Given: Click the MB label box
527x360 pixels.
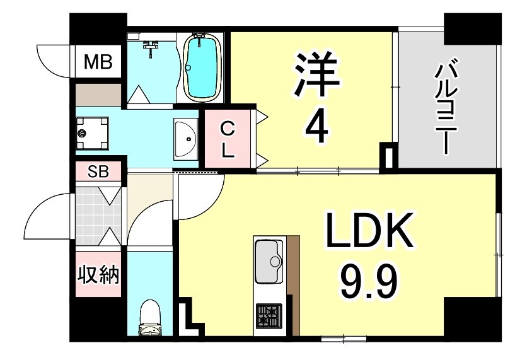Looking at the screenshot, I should tap(98, 62).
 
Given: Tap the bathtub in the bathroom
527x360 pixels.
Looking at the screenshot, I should tap(202, 66).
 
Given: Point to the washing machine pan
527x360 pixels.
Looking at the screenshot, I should tap(91, 133).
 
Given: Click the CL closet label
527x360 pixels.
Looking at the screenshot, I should tap(227, 140).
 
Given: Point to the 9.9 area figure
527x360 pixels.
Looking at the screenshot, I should tap(369, 285).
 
